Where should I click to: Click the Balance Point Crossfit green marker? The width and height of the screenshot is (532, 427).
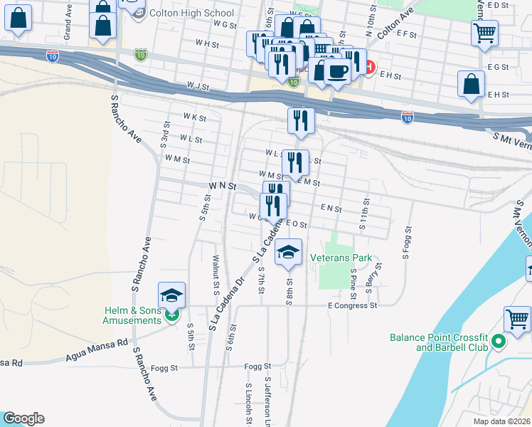pos(499,342)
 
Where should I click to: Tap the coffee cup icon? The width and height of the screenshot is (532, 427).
pos(337,71)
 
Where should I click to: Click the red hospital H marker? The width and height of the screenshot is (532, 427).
pos(369,68)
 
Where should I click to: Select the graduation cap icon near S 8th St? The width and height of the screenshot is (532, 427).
pos(288,252)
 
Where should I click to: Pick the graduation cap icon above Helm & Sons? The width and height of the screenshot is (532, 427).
pos(171,295)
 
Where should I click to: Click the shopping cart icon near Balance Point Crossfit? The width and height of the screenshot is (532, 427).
pos(517,318)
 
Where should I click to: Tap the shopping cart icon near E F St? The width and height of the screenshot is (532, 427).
pos(484,32)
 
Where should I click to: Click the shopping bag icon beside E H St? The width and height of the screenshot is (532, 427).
pos(471,83)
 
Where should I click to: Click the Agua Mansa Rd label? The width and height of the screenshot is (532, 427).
pos(96,347)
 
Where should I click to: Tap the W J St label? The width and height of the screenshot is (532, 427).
pos(198,87)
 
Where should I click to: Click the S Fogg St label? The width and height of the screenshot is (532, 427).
pos(408,243)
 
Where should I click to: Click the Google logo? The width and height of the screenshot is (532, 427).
pos(23,418)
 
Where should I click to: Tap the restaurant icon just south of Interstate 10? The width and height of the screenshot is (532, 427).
pos(301,120)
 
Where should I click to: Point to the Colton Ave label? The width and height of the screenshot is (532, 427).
pos(395,24)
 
